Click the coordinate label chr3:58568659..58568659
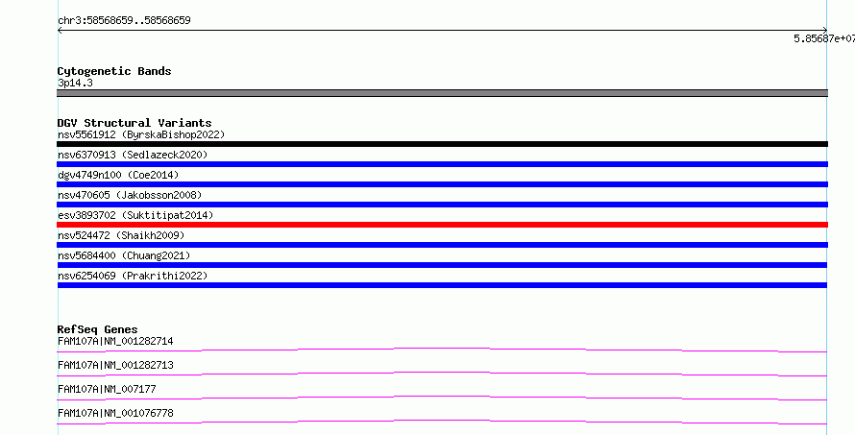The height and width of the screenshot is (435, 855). coord(124,20)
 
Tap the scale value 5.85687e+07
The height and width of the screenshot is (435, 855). coord(824,38)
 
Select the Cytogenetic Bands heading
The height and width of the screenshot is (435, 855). coord(114,71)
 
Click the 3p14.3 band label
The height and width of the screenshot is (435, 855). coord(75,83)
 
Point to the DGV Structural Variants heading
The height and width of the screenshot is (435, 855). coord(134,123)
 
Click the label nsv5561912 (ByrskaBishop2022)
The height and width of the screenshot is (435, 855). coord(141,134)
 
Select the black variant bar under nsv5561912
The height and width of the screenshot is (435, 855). coord(442,144)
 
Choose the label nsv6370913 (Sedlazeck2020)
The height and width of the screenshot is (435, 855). coord(133,155)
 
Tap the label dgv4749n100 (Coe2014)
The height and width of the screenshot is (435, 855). coord(118,175)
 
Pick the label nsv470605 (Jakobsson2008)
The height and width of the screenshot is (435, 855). coord(130,195)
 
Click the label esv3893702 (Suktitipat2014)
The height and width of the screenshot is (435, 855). coord(135,215)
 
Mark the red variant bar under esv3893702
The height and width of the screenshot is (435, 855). coord(442,225)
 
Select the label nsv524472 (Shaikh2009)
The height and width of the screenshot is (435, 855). coord(121,235)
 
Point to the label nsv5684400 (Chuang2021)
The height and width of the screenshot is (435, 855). coord(124,255)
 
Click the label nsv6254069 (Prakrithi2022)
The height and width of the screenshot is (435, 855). coord(133,276)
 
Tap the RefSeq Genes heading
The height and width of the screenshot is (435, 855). coord(98,329)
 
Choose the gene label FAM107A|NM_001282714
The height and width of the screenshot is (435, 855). coord(115,341)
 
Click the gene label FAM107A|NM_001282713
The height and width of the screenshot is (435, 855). coord(115,365)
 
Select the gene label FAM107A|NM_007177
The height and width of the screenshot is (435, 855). coord(107,389)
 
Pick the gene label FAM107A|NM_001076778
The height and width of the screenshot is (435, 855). coord(115,413)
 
